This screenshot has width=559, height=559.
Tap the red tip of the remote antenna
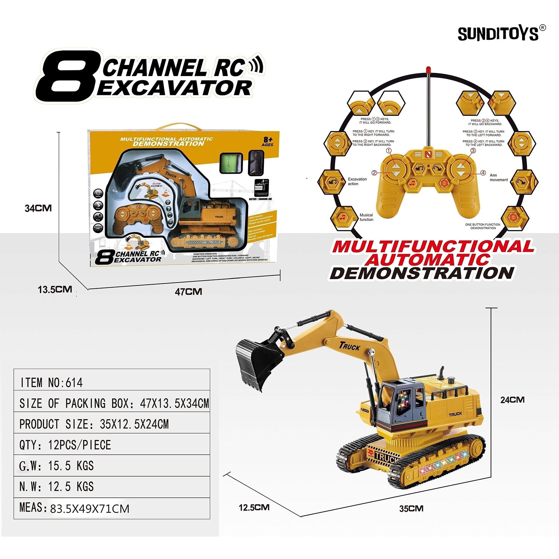point(429,70)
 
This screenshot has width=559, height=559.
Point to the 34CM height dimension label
point(38,208)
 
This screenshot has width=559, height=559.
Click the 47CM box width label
point(189,291)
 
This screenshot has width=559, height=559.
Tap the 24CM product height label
point(512,400)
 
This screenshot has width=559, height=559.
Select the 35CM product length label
point(411,508)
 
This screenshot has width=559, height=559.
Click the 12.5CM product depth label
point(254,507)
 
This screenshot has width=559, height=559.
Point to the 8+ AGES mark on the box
point(268,142)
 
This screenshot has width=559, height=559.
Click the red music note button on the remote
point(412,183)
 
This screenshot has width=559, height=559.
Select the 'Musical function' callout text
point(366,217)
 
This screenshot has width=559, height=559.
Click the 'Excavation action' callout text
point(357,181)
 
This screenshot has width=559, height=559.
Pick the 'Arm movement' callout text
point(499,177)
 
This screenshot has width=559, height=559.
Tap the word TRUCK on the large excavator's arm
point(350,346)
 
